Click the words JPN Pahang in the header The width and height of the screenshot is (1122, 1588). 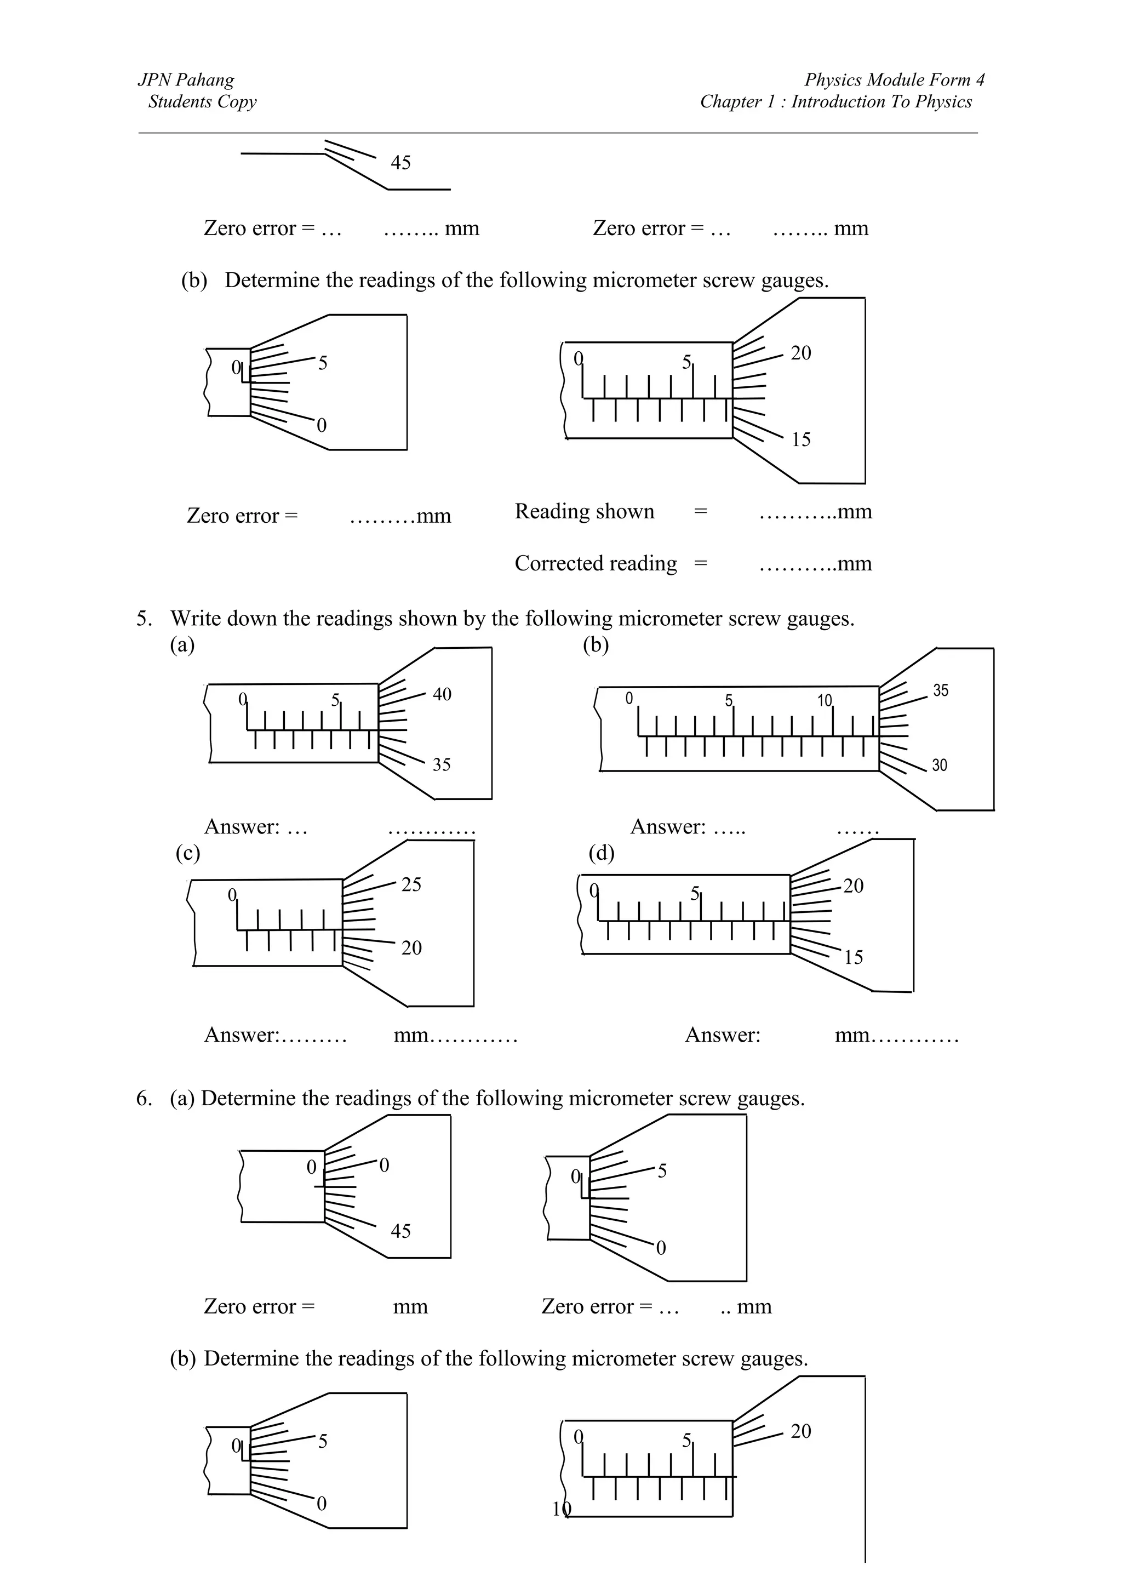pyautogui.click(x=185, y=79)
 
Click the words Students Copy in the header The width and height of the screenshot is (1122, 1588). pyautogui.click(x=202, y=102)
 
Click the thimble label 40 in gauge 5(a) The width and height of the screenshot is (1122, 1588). pyautogui.click(x=442, y=694)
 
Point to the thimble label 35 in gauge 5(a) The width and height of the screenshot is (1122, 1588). pyautogui.click(x=441, y=765)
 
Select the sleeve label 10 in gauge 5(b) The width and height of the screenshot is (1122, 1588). pyautogui.click(x=825, y=701)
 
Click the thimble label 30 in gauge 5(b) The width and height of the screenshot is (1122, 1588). pyautogui.click(x=940, y=766)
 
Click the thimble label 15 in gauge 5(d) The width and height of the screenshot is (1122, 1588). pyautogui.click(x=854, y=958)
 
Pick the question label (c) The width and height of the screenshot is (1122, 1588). pyautogui.click(x=187, y=854)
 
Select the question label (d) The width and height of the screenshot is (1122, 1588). pyautogui.click(x=601, y=854)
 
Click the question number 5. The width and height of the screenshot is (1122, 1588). pyautogui.click(x=143, y=618)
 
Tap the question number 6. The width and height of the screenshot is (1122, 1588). pyautogui.click(x=143, y=1099)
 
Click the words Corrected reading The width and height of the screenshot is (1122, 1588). pyautogui.click(x=595, y=564)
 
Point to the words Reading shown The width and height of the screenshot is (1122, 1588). pyautogui.click(x=584, y=512)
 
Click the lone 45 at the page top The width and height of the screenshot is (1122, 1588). pyautogui.click(x=400, y=163)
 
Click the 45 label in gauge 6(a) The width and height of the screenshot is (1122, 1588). pyautogui.click(x=400, y=1231)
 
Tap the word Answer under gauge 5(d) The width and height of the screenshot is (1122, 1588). pyautogui.click(x=722, y=1036)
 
